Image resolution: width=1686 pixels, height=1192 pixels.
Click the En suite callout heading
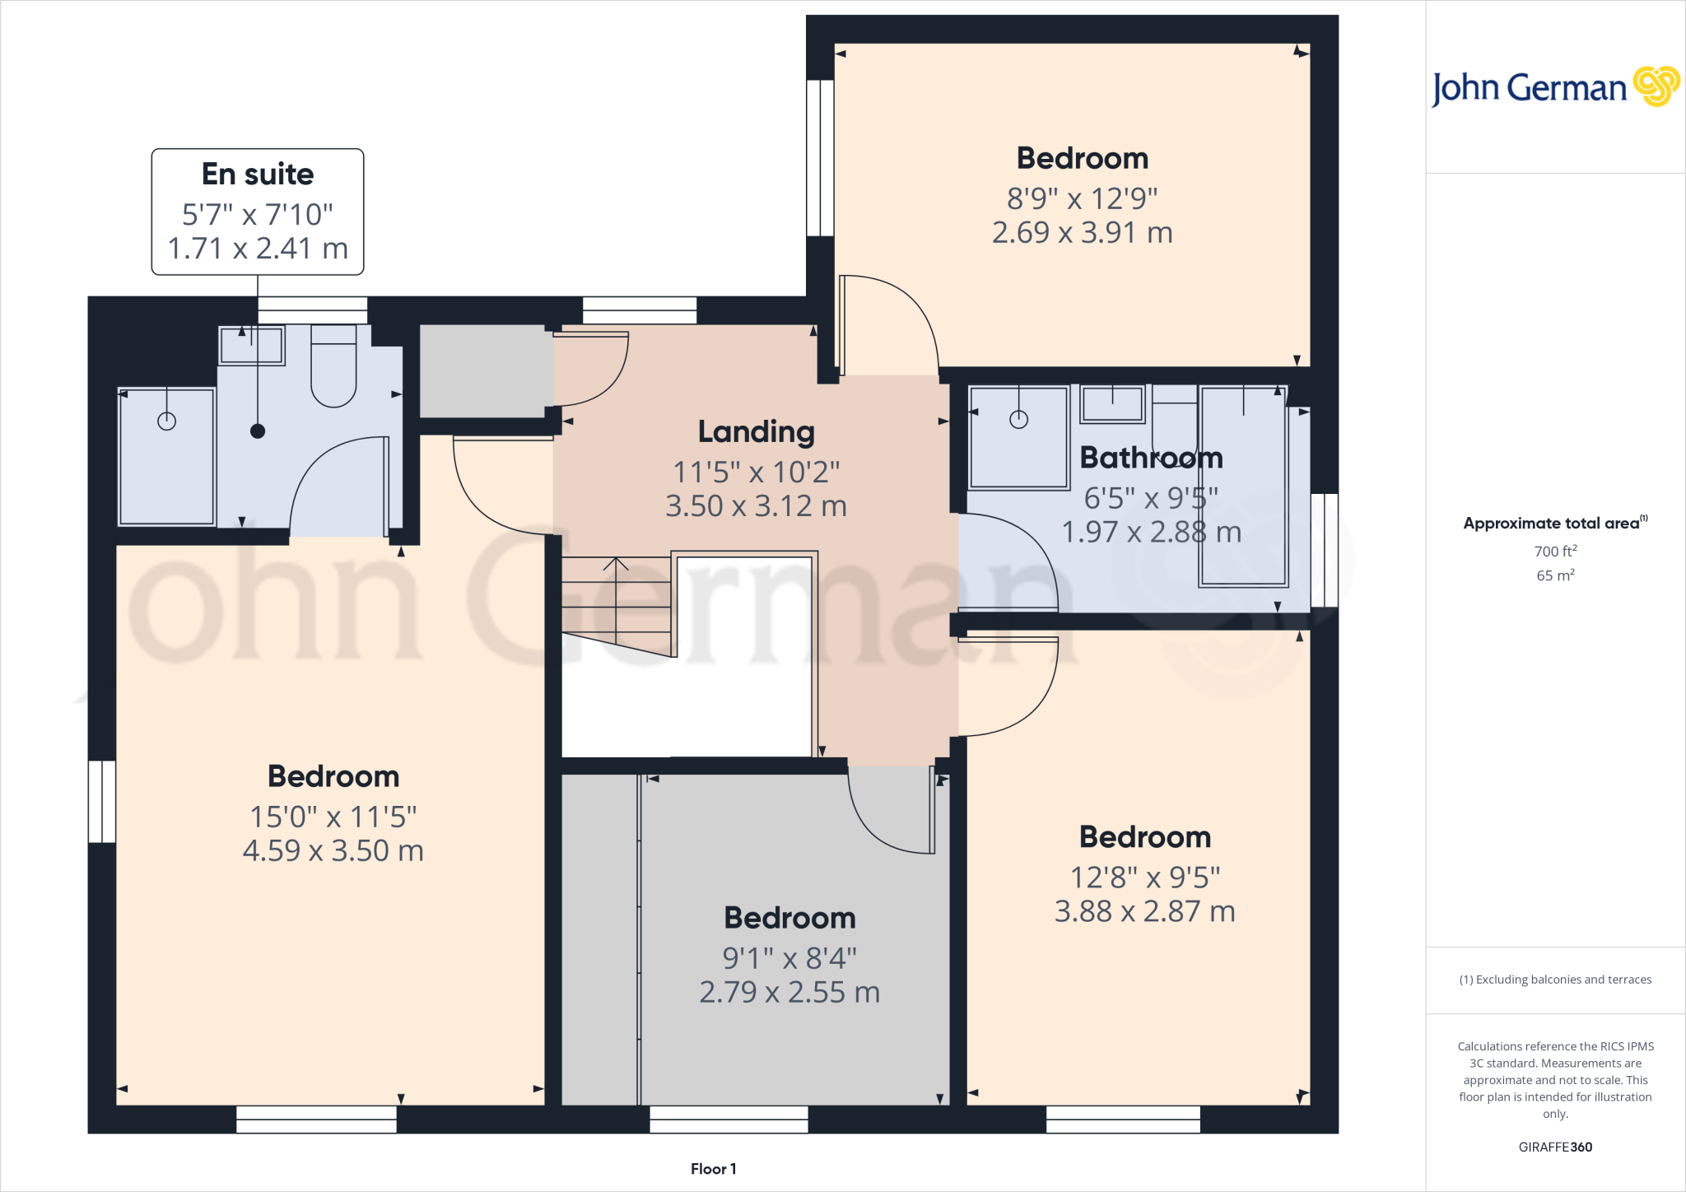258,175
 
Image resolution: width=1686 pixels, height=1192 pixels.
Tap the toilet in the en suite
333,367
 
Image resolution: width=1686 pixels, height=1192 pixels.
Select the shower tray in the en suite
167,457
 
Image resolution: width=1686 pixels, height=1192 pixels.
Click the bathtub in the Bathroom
1242,486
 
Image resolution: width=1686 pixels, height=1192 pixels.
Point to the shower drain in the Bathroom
1018,420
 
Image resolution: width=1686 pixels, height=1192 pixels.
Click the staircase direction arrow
616,565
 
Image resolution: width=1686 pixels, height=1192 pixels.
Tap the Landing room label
756,431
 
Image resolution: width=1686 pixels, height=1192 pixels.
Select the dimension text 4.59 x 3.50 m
333,850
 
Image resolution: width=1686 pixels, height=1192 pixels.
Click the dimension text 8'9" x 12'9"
1082,198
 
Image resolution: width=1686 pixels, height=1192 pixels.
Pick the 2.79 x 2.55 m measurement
789,992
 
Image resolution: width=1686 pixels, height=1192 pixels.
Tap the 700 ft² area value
1555,551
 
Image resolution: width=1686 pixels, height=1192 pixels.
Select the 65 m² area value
1555,575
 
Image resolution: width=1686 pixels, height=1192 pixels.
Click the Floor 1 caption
713,1169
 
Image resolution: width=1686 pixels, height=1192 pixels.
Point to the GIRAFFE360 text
1555,1147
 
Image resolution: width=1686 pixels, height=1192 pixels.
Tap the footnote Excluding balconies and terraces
1555,980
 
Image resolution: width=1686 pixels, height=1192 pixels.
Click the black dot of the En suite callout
258,431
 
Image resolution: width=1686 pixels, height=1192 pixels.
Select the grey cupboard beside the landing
486,371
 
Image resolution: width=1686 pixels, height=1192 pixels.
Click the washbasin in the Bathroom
1112,404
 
